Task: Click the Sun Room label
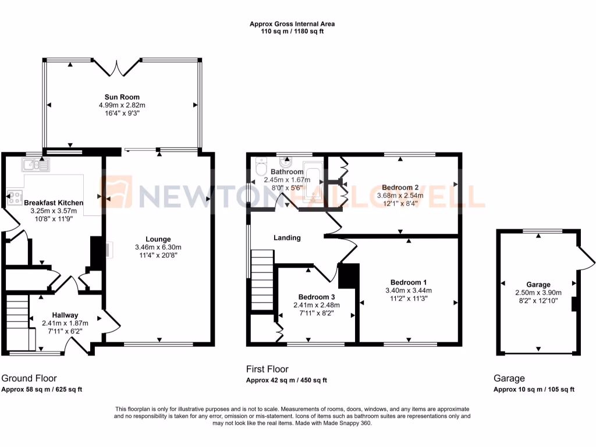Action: (122, 97)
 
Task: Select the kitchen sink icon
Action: (35, 165)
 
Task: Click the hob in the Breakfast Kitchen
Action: (15, 197)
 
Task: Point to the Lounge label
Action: (158, 239)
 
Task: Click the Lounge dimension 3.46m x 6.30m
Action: (158, 247)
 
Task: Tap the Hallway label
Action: (65, 315)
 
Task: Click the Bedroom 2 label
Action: (400, 187)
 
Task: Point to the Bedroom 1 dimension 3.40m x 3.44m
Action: (409, 290)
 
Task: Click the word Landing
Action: (288, 237)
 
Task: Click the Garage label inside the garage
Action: (538, 285)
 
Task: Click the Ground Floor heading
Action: (29, 378)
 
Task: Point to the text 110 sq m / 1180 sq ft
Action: (292, 31)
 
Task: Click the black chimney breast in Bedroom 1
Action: (349, 276)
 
